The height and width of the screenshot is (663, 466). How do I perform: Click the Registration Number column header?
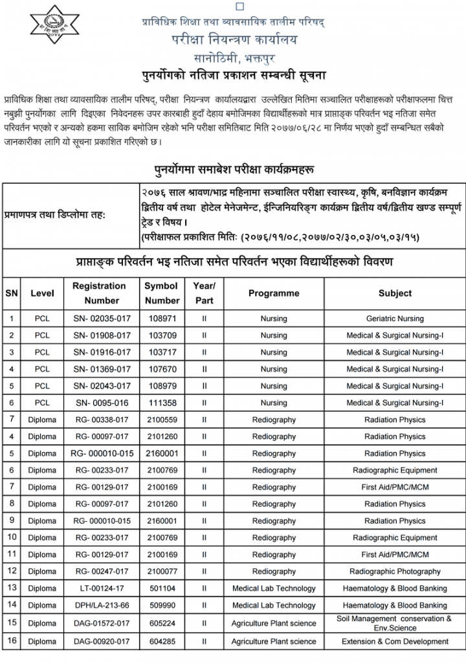click(99, 293)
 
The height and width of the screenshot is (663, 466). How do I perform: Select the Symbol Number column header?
click(161, 293)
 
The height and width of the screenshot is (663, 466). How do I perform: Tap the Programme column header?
click(274, 293)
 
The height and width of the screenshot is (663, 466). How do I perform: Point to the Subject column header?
click(395, 293)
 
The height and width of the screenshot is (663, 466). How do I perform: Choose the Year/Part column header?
click(204, 293)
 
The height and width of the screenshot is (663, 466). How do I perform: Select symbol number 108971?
click(161, 319)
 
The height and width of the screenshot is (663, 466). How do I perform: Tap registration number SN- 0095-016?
click(99, 403)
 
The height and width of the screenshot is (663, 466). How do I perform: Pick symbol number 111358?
click(161, 403)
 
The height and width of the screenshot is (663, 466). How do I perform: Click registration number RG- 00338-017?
click(99, 420)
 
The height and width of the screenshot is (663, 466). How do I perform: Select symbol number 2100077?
click(161, 571)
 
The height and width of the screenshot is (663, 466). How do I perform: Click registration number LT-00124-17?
click(99, 588)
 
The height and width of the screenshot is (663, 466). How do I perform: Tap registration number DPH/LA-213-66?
click(99, 605)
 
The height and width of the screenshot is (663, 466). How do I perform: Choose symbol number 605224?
click(161, 623)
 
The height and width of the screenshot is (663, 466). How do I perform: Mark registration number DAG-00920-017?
click(99, 642)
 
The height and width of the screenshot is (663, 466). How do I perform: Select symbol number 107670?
click(161, 369)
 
